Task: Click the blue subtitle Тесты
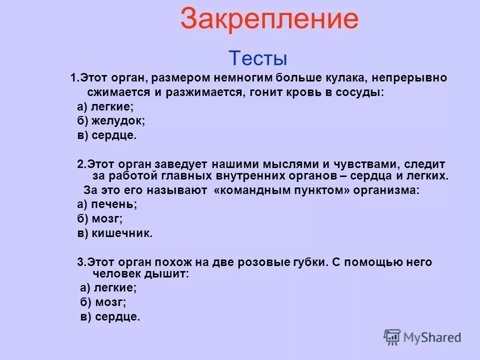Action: point(258,58)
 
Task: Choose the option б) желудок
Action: point(110,121)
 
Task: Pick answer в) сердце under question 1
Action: point(106,135)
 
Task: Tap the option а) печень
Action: point(106,204)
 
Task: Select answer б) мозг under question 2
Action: point(100,218)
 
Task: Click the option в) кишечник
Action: point(114,233)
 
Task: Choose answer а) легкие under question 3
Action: point(108,287)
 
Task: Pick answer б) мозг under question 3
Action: point(103,302)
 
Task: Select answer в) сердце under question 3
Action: point(110,316)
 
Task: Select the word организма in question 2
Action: point(392,190)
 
